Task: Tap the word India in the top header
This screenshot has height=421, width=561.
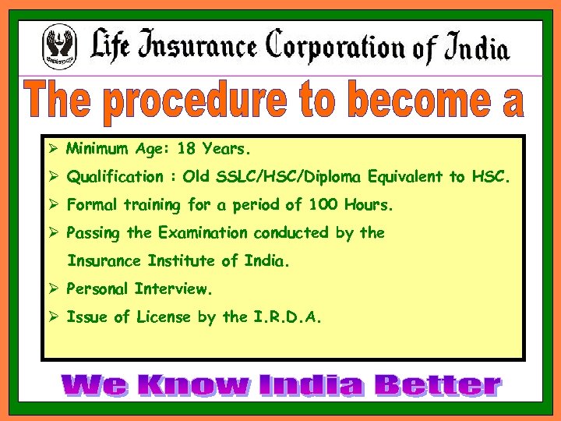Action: [476, 48]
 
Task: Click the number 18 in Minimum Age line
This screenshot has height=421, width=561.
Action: [186, 148]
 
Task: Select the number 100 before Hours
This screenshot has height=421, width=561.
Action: [321, 206]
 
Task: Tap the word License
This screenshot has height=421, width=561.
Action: [163, 317]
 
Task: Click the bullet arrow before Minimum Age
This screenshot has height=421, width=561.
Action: [54, 148]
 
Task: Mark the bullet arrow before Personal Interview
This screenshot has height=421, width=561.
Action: [54, 289]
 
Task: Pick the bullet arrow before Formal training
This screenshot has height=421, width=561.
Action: [54, 206]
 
